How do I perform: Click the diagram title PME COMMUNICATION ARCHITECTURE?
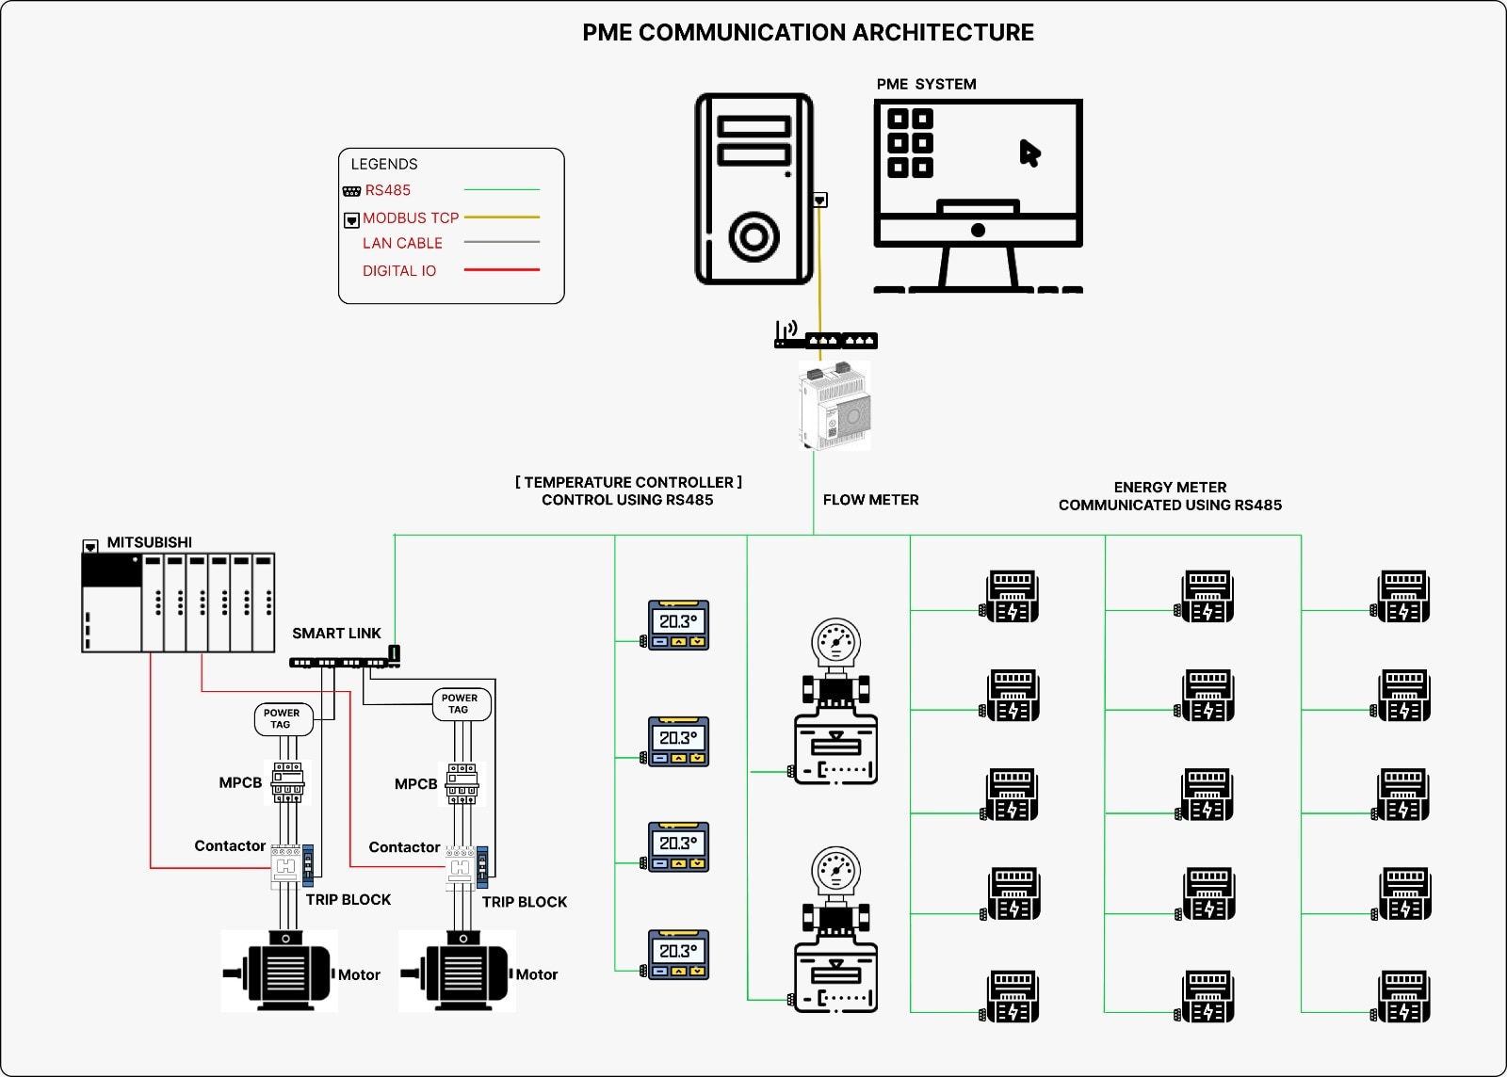(x=808, y=33)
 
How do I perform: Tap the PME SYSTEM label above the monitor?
(x=926, y=84)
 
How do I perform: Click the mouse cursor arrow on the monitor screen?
(x=1029, y=153)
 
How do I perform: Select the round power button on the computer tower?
(x=753, y=236)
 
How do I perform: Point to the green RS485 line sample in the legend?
(x=501, y=190)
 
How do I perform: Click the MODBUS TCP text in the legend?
(x=411, y=217)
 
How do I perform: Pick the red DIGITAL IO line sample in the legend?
(x=501, y=270)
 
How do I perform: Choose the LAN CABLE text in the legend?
(x=402, y=243)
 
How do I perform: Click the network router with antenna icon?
(x=825, y=336)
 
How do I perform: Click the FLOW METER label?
(x=870, y=500)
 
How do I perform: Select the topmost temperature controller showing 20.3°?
(x=678, y=625)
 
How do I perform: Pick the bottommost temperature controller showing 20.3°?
(x=678, y=955)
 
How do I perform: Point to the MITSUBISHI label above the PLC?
(x=149, y=542)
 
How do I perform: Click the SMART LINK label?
(x=336, y=634)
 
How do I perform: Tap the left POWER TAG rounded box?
(x=283, y=719)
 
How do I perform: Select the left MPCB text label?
(x=240, y=782)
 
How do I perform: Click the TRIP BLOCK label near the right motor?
(x=524, y=902)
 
